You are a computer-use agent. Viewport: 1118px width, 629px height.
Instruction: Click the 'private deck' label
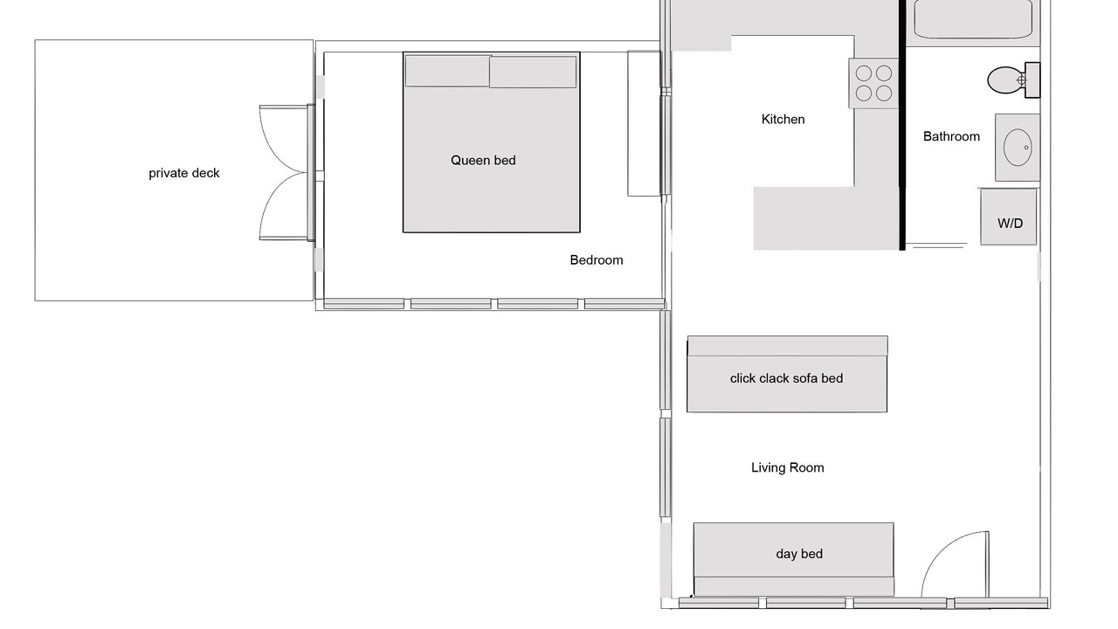tap(183, 173)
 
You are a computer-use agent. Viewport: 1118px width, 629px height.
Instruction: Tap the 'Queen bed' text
tap(483, 160)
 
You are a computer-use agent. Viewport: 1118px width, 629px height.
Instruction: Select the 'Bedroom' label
tap(597, 260)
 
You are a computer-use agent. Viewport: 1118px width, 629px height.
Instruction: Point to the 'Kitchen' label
tap(783, 120)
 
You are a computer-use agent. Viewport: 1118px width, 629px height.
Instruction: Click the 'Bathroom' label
tap(951, 136)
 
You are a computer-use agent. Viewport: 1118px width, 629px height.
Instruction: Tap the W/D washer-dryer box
tap(1009, 218)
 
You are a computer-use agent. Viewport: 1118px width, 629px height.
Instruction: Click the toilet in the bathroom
tap(1014, 79)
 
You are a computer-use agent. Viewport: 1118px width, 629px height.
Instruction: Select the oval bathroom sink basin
tap(1018, 148)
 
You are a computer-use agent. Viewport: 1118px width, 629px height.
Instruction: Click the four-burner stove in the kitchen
tap(873, 83)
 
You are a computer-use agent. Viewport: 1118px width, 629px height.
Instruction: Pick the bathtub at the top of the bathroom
tap(973, 19)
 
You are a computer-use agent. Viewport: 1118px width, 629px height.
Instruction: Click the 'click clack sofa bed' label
tap(787, 378)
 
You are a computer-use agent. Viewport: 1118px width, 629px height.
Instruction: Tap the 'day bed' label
tap(799, 554)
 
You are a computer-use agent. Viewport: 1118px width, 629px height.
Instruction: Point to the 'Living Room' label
tap(788, 467)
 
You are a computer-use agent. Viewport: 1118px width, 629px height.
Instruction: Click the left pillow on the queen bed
tap(448, 71)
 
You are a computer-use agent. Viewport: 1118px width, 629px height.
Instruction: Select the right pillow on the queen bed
tap(533, 72)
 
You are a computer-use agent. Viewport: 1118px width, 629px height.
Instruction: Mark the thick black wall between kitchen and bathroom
tap(902, 125)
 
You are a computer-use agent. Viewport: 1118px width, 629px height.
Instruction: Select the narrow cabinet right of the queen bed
tap(645, 123)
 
